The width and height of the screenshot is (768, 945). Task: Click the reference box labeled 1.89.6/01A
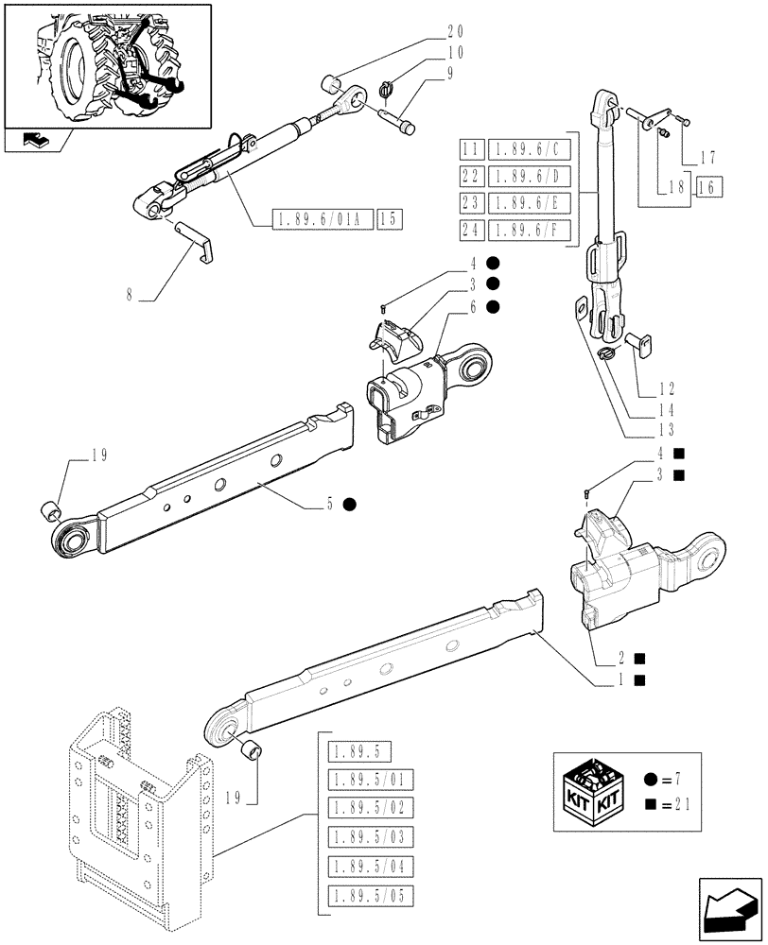point(322,219)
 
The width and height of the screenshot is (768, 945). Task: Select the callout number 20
point(455,31)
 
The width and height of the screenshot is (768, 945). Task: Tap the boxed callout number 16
point(708,186)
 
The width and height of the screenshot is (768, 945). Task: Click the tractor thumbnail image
point(115,63)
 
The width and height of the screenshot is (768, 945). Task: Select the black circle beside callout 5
point(349,504)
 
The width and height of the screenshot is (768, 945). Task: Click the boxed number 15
point(389,219)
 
